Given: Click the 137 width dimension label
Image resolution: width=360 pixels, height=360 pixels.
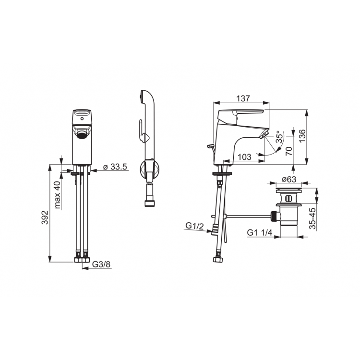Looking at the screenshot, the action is click(243, 98).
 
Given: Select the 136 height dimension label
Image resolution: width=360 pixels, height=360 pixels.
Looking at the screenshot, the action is click(302, 136).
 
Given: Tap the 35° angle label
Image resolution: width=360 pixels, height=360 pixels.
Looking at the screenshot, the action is click(279, 137).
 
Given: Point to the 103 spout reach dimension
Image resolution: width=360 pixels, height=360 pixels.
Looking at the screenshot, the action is click(244, 157).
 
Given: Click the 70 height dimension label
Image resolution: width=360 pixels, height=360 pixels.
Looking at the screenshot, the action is click(289, 151).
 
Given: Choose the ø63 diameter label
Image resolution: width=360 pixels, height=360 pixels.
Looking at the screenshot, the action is click(289, 179).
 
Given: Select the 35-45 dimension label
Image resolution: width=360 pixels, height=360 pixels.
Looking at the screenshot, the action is click(312, 218).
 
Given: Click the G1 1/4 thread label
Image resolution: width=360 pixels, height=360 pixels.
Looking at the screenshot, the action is click(259, 233).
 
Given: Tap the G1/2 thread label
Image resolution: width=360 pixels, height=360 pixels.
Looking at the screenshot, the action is click(194, 226).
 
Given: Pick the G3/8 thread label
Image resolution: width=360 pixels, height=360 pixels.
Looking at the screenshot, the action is click(101, 264).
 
